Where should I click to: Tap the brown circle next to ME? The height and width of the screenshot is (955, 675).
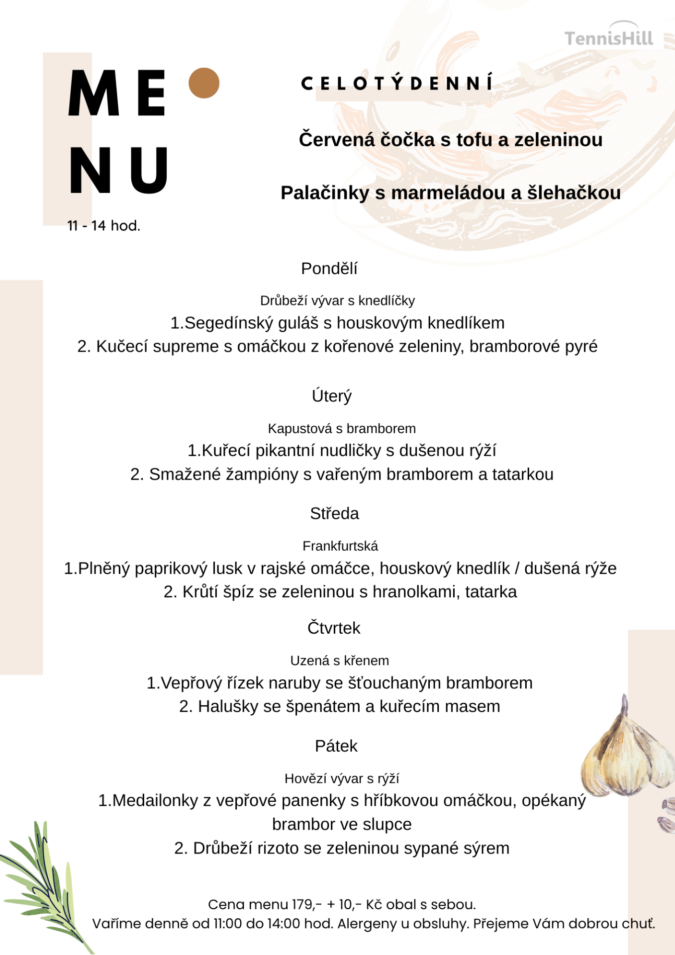pyautogui.click(x=204, y=83)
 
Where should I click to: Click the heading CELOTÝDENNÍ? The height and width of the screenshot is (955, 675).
pyautogui.click(x=397, y=83)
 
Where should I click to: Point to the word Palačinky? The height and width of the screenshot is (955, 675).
pyautogui.click(x=325, y=193)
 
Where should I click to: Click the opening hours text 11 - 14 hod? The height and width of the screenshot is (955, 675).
pyautogui.click(x=104, y=226)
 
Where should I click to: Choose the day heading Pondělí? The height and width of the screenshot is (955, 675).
pyautogui.click(x=329, y=269)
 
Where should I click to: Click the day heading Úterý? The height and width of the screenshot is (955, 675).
pyautogui.click(x=332, y=396)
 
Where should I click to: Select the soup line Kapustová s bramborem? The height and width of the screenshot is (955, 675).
pyautogui.click(x=342, y=429)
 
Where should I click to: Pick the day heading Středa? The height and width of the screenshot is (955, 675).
pyautogui.click(x=334, y=513)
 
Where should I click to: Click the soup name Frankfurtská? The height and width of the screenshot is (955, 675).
pyautogui.click(x=340, y=546)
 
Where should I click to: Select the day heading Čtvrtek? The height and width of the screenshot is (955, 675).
pyautogui.click(x=334, y=628)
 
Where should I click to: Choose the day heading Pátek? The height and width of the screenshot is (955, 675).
pyautogui.click(x=336, y=746)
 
